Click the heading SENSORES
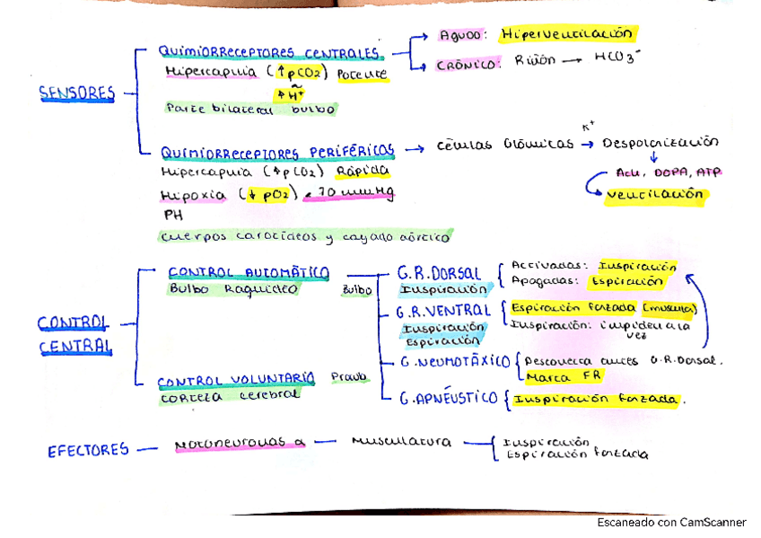click(x=77, y=93)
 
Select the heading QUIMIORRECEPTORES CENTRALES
click(x=268, y=53)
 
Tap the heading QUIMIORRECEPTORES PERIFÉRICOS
click(x=277, y=152)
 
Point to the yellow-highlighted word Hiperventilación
click(x=567, y=34)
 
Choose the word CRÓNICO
click(x=466, y=65)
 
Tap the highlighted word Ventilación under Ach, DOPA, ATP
click(x=655, y=194)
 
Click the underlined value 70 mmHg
click(x=354, y=193)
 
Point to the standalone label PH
click(x=173, y=216)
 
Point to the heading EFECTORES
click(x=88, y=450)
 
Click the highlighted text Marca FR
click(x=564, y=376)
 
